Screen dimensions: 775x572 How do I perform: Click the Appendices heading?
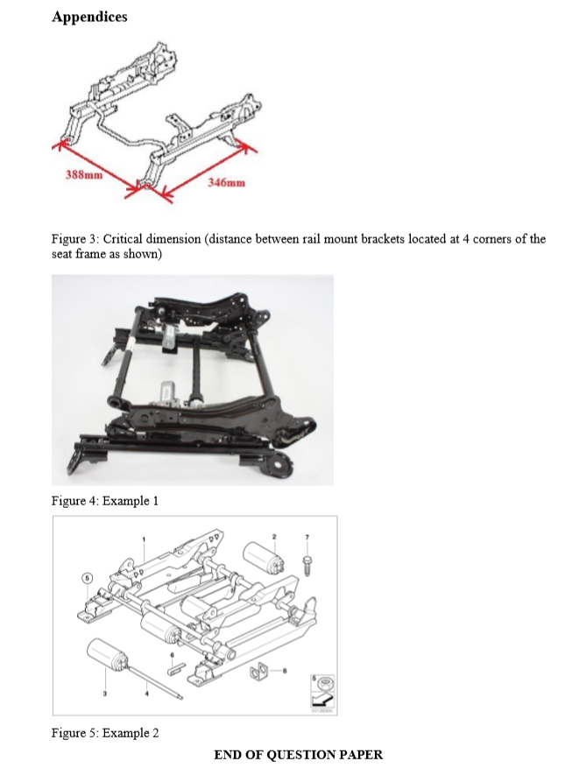[x=89, y=17]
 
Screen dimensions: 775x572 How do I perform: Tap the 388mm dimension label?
[x=85, y=173]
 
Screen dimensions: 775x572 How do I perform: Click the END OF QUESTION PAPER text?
[x=298, y=754]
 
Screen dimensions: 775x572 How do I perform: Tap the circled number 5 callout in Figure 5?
[x=87, y=579]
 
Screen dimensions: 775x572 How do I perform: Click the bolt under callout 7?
[x=307, y=560]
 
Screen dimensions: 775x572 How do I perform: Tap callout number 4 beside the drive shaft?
[x=147, y=694]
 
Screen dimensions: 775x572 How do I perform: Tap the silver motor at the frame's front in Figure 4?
[x=169, y=393]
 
